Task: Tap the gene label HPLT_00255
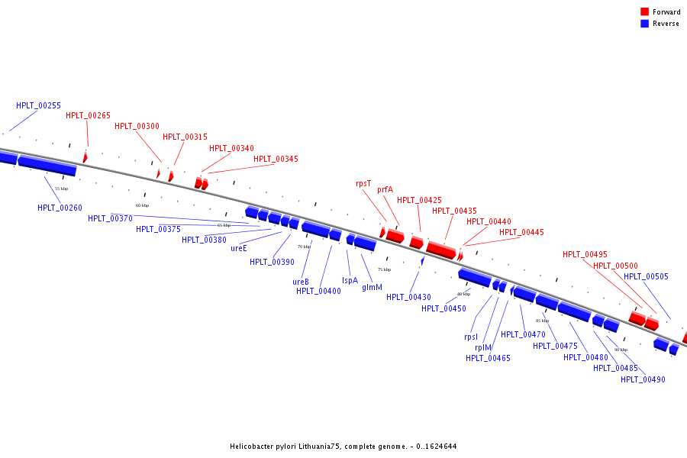[38, 105]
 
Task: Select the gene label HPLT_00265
[88, 116]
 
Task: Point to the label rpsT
[363, 183]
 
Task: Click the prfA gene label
[385, 189]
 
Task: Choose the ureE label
[239, 248]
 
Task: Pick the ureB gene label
[301, 282]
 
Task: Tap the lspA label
[350, 280]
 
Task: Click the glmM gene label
[372, 288]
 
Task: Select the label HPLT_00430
[408, 298]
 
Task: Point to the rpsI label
[471, 337]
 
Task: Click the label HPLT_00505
[646, 277]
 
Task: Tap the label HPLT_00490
[643, 379]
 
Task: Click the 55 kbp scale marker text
[62, 189]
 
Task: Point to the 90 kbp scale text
[621, 350]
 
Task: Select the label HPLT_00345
[276, 159]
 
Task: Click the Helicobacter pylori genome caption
[343, 447]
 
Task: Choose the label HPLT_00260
[60, 208]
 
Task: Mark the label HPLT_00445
[521, 232]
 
